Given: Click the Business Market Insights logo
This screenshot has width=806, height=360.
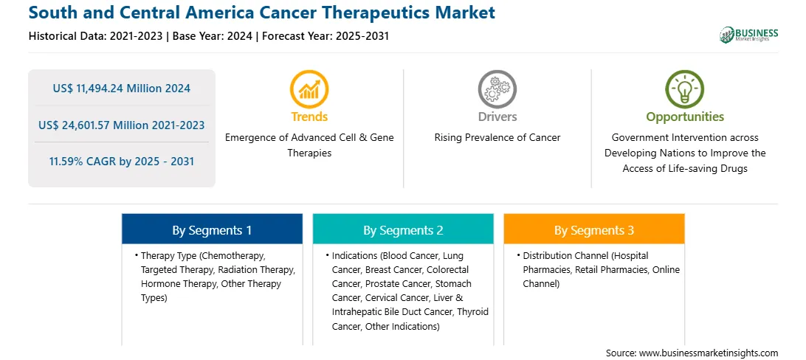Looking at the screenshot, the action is click(748, 35).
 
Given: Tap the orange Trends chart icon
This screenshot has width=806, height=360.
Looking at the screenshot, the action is click(309, 89).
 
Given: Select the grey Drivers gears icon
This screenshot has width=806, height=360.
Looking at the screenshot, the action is click(497, 89).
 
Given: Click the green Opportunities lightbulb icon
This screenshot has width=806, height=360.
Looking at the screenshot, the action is click(685, 89).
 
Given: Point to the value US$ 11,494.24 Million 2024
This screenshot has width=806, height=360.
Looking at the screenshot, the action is click(121, 89).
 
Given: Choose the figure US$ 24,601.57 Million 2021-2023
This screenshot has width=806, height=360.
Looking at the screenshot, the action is click(121, 125).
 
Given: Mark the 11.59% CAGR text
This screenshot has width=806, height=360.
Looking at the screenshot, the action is click(121, 162).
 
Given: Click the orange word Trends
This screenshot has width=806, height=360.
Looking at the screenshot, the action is click(309, 117).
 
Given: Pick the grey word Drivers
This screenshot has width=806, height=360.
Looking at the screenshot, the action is click(497, 117).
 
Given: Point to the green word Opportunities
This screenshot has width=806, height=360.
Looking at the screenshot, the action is click(685, 117).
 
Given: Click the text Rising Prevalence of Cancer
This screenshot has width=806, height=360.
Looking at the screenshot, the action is click(497, 138).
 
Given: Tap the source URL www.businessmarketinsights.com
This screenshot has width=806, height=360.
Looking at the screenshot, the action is click(709, 353).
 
